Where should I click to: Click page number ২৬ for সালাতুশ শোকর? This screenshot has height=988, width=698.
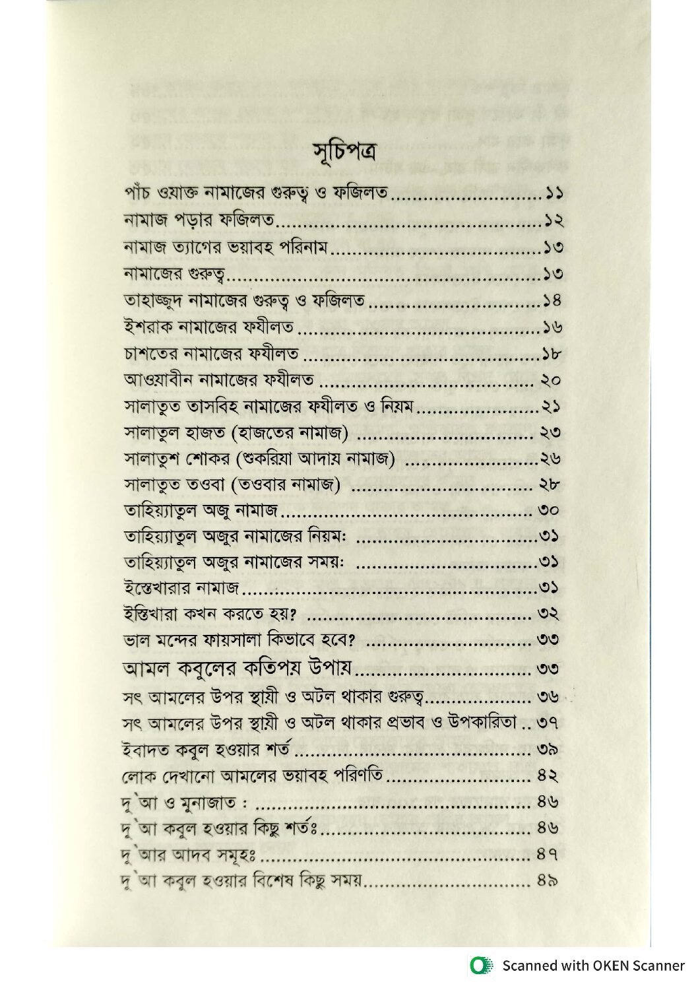coord(552,460)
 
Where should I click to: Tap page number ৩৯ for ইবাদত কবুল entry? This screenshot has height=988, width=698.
coord(549,749)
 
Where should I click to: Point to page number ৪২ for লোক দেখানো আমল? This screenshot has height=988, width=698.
coord(549,775)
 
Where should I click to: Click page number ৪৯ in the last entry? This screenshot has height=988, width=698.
coord(549,880)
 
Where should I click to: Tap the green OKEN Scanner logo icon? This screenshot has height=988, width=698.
coord(478,966)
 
